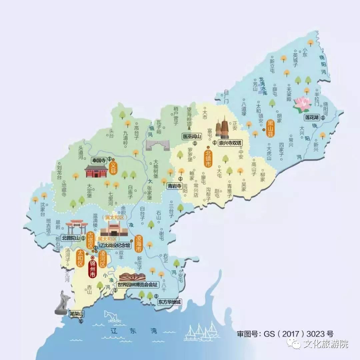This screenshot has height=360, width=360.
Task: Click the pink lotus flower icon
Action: pos(302,103)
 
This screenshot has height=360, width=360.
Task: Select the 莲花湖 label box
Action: pos(312,118)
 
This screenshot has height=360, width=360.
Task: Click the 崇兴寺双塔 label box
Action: pos(230,142)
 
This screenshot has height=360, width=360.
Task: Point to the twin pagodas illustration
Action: pos(222,127)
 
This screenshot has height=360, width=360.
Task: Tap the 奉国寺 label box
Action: pos(99,160)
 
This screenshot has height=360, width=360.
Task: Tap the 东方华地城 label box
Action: pos(170,302)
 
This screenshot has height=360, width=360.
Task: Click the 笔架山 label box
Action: pos(77,314)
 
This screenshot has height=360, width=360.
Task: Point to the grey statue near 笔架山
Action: pos(62,302)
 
